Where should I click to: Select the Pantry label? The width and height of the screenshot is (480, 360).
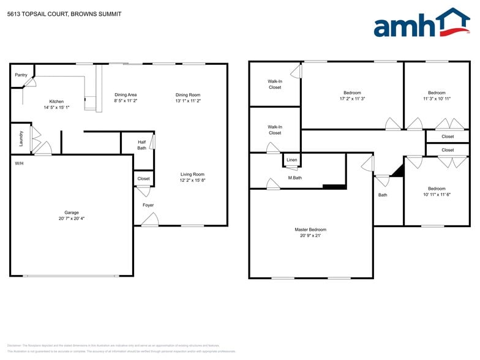[21, 75]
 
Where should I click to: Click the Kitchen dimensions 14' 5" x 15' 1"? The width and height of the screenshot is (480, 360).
[56, 108]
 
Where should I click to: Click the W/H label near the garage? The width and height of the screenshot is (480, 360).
[20, 163]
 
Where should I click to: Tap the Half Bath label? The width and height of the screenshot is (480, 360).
[141, 144]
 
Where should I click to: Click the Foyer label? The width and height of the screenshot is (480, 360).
[148, 205]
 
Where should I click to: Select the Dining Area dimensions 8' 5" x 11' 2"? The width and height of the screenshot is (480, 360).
[126, 101]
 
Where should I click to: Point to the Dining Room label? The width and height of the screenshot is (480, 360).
[188, 95]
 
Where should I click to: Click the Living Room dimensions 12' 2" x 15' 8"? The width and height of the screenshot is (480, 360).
[192, 181]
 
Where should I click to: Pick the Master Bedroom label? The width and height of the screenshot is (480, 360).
[311, 230]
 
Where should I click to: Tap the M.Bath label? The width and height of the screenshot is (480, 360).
[295, 178]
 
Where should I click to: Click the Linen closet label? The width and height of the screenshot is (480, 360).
[292, 160]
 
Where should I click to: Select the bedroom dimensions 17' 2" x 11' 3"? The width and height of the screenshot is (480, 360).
[352, 99]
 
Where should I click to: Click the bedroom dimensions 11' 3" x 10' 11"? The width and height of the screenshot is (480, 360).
[437, 99]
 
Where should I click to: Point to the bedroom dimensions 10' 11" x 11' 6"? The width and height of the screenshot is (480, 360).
[437, 195]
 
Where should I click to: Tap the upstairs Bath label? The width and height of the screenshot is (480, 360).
[383, 195]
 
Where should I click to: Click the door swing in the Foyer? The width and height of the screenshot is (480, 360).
[151, 219]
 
